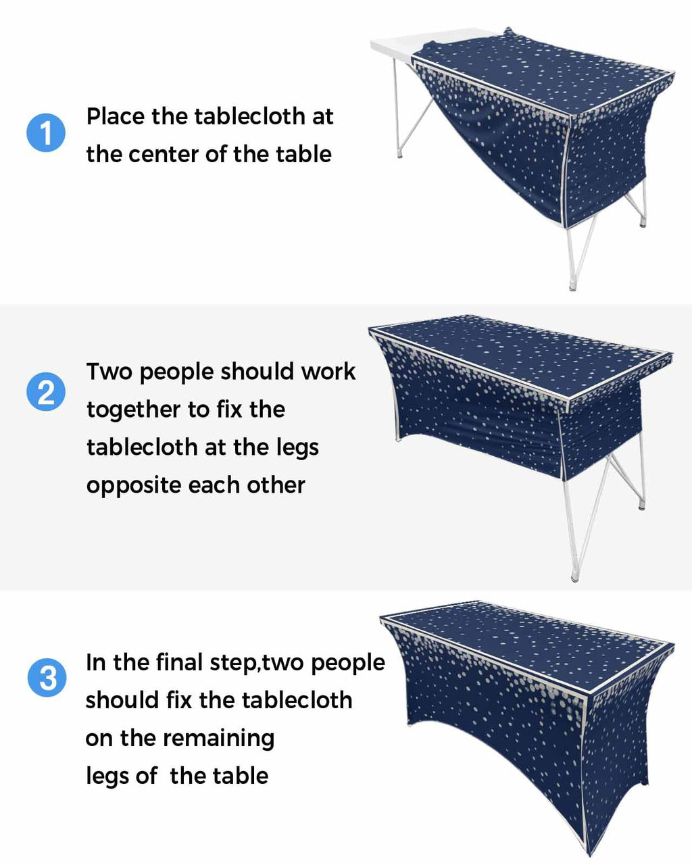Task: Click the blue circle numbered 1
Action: pos(46,132)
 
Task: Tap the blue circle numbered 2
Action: pos(46,391)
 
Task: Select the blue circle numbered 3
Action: pos(47,677)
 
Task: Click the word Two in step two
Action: pos(109,372)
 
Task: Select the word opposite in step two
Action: pos(134,487)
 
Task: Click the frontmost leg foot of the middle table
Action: pos(574,578)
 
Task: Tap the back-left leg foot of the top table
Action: pos(399,154)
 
